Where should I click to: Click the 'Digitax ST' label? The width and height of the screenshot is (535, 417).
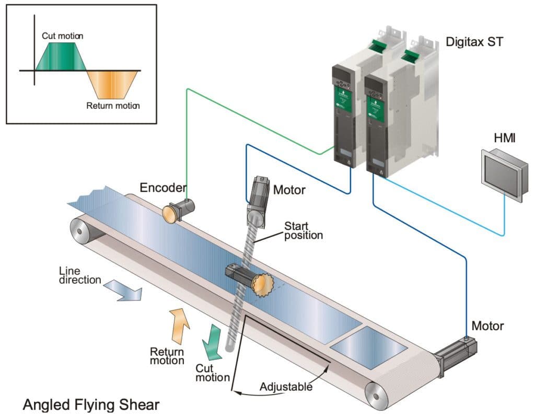click(474, 41)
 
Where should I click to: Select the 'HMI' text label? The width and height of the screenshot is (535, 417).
click(505, 137)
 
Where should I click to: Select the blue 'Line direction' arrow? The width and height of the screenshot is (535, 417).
click(123, 291)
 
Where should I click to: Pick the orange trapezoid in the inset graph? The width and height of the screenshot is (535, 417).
click(113, 84)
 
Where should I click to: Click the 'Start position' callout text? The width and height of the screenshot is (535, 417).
click(303, 230)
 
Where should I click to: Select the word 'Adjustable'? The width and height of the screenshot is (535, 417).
click(286, 387)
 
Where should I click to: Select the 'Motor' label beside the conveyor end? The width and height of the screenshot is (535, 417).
click(487, 326)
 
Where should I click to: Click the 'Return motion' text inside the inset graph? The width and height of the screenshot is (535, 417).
click(113, 106)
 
